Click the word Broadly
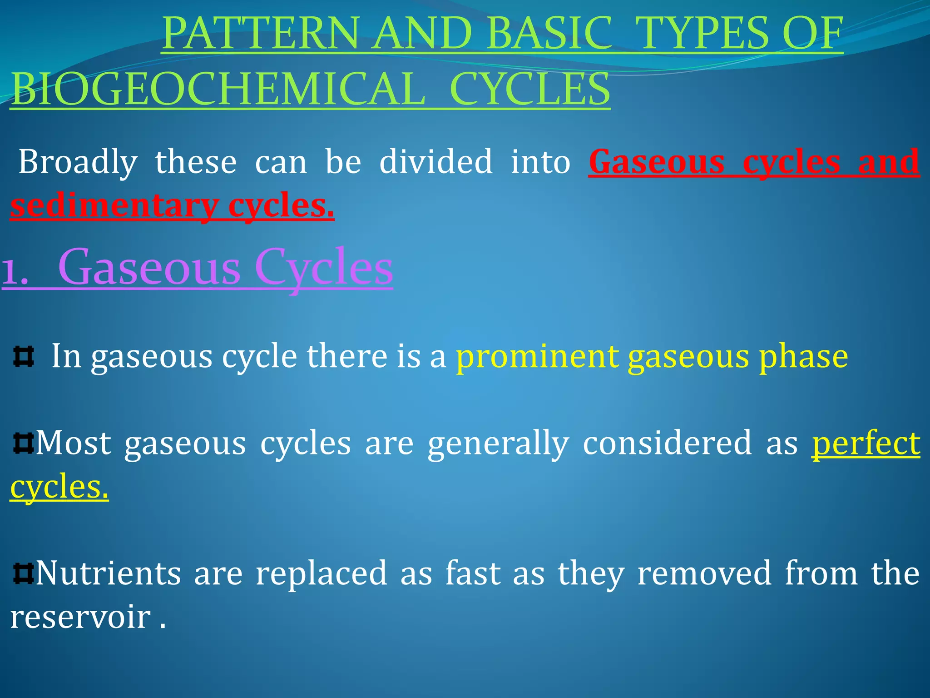[x=78, y=162]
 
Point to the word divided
[x=435, y=161]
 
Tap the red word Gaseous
[x=656, y=162]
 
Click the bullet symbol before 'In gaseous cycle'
[x=24, y=357]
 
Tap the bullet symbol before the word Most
[x=23, y=444]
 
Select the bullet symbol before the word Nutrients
[x=23, y=573]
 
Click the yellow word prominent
[x=537, y=357]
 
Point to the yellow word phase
[x=803, y=357]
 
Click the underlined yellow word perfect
[x=866, y=444]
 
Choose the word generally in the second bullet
[x=498, y=444]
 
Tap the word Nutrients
[x=108, y=573]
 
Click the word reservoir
[x=80, y=617]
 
